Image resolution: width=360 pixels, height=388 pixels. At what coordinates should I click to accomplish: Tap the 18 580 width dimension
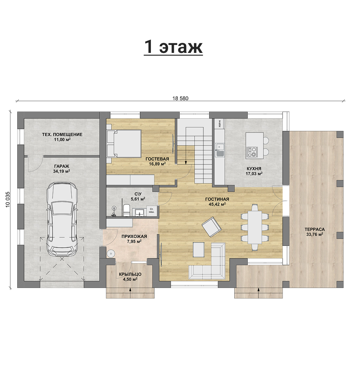[x=180, y=98]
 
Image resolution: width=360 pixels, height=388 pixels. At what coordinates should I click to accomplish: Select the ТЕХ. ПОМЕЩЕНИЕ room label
[x=62, y=134]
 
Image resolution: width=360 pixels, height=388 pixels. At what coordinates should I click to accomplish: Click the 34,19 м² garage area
[x=62, y=171]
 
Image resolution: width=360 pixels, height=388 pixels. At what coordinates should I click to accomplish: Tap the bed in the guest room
[x=124, y=143]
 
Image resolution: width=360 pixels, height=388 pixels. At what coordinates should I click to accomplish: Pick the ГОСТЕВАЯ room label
[x=157, y=159]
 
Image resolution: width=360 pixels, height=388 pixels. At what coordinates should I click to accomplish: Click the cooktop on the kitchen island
[x=252, y=152]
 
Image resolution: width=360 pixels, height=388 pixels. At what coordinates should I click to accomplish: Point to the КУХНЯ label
[x=254, y=169]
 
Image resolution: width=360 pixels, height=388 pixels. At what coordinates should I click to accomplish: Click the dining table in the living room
[x=255, y=227]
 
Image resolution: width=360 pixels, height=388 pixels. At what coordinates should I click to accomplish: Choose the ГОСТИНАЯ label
[x=217, y=199]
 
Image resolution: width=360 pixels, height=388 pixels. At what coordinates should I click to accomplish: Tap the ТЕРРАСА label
[x=315, y=229]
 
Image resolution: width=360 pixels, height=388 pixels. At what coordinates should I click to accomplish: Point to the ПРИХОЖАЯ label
[x=134, y=236]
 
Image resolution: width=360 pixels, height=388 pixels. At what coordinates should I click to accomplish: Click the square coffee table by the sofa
[x=199, y=250]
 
